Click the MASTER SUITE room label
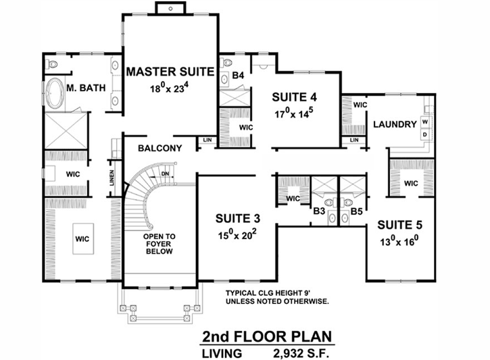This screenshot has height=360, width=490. click(170, 71)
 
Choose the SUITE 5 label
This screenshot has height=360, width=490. click(399, 224)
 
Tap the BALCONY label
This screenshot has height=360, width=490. click(160, 148)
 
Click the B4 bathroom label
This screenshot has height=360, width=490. click(237, 76)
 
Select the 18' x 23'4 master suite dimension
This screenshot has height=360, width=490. click(170, 87)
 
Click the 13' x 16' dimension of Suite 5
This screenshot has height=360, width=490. click(399, 240)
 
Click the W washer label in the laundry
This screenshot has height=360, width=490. click(424, 122)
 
